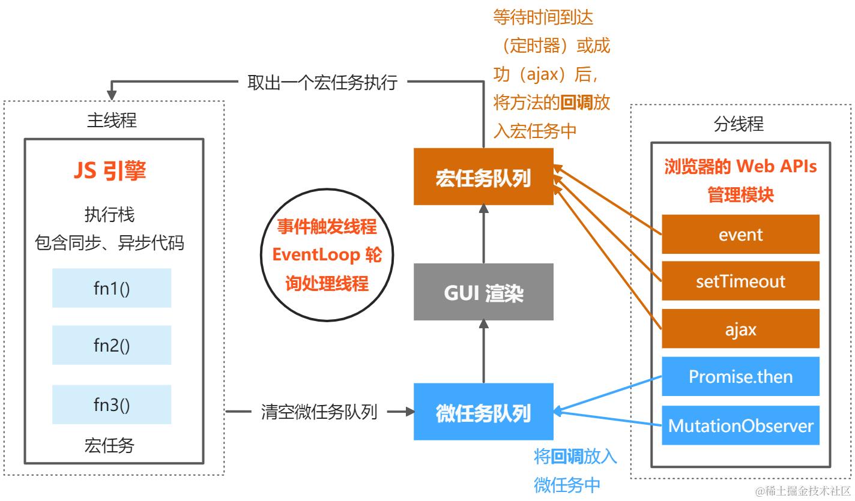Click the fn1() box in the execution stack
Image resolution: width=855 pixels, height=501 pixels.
click(112, 288)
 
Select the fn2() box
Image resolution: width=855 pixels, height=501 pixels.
click(112, 345)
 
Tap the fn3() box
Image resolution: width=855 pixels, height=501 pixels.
click(112, 404)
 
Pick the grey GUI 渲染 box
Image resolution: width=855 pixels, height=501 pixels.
click(483, 293)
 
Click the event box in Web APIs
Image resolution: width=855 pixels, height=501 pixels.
click(740, 234)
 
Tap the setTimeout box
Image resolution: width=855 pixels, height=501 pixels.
click(740, 281)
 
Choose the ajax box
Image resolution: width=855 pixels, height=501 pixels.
click(740, 329)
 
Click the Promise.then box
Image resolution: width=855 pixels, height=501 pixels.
click(740, 377)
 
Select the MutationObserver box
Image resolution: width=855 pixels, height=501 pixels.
click(740, 426)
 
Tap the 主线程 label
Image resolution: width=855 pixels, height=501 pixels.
click(112, 121)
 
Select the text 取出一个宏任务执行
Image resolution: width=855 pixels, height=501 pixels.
click(322, 83)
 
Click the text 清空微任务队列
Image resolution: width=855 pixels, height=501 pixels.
click(319, 412)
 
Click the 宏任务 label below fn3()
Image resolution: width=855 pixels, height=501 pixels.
click(109, 446)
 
